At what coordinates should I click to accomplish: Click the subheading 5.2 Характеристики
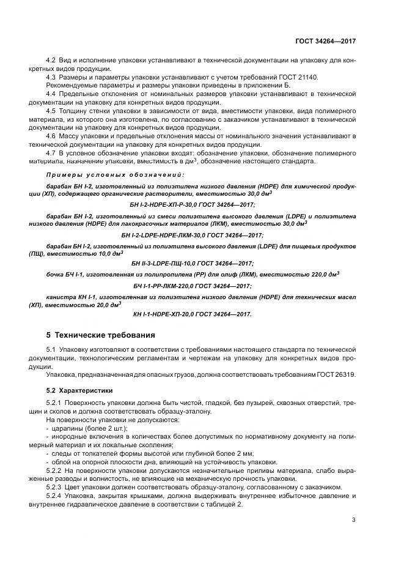[78, 390]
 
